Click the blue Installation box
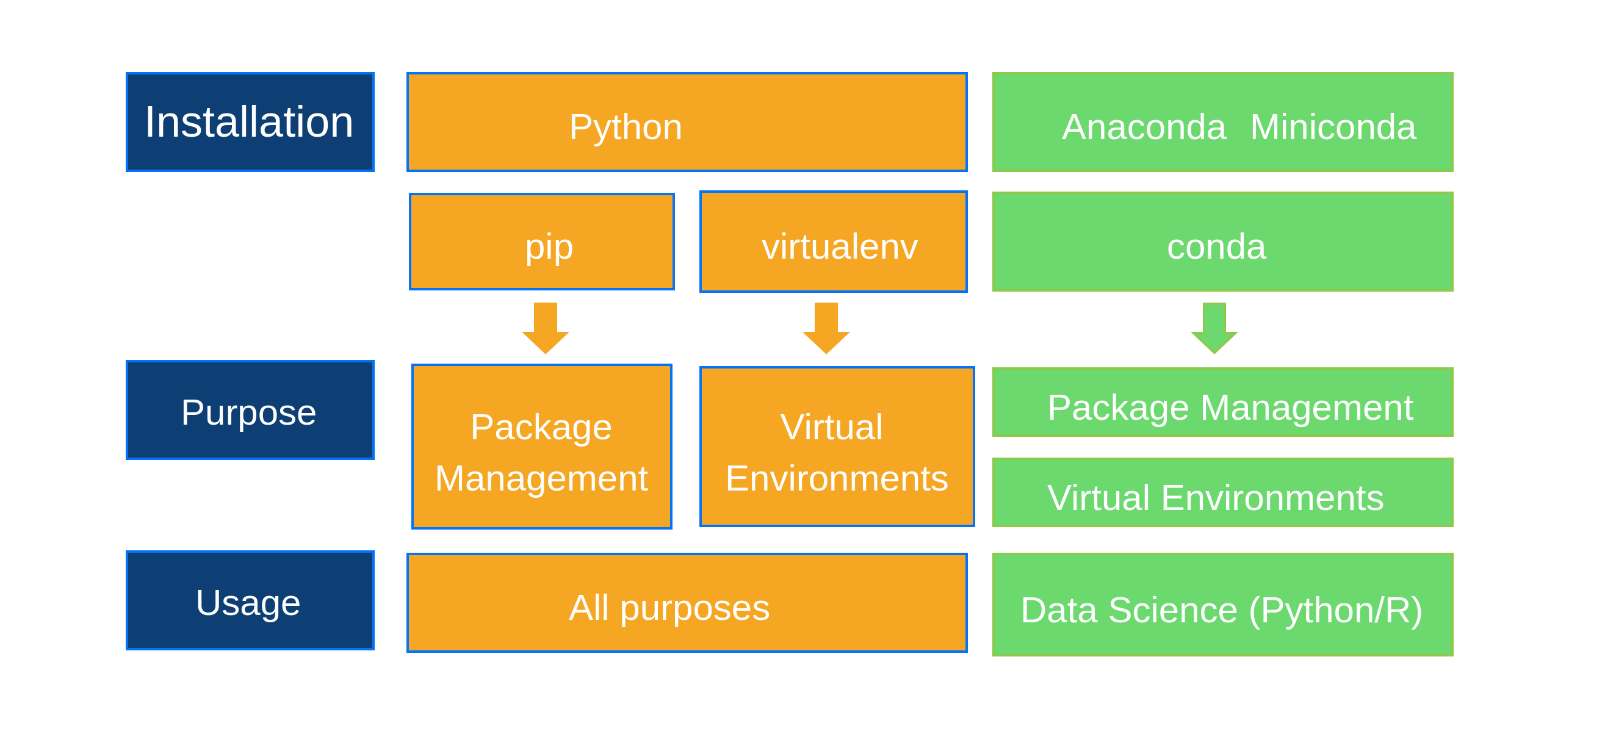coord(250,121)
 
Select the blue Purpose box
coord(250,410)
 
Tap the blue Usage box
coord(250,601)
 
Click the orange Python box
coord(687,122)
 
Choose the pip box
coord(542,242)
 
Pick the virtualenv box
coord(833,242)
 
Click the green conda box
coord(1222,242)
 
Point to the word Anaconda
coord(1144,128)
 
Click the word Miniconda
coord(1332,128)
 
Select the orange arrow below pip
coord(545,328)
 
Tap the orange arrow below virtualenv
coord(826,328)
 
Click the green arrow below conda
coord(1214,328)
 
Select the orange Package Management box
coord(542,447)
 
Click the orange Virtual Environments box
coord(837,447)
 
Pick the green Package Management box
coord(1222,403)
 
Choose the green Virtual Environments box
coord(1222,493)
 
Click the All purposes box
coord(687,603)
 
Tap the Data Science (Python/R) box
coord(1222,605)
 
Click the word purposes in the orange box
coord(694,608)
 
